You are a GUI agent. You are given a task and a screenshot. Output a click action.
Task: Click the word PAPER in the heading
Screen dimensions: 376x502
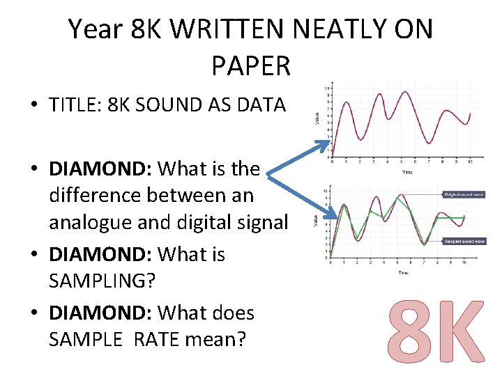(250, 65)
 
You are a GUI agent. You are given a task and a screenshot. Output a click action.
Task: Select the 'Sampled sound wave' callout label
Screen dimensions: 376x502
(464, 241)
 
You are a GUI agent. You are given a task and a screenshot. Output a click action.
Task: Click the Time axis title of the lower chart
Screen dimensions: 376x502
(404, 273)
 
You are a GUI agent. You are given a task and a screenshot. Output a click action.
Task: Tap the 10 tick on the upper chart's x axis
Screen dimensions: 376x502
(471, 162)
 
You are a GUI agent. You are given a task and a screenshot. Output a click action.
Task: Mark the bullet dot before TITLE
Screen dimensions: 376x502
(33, 106)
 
